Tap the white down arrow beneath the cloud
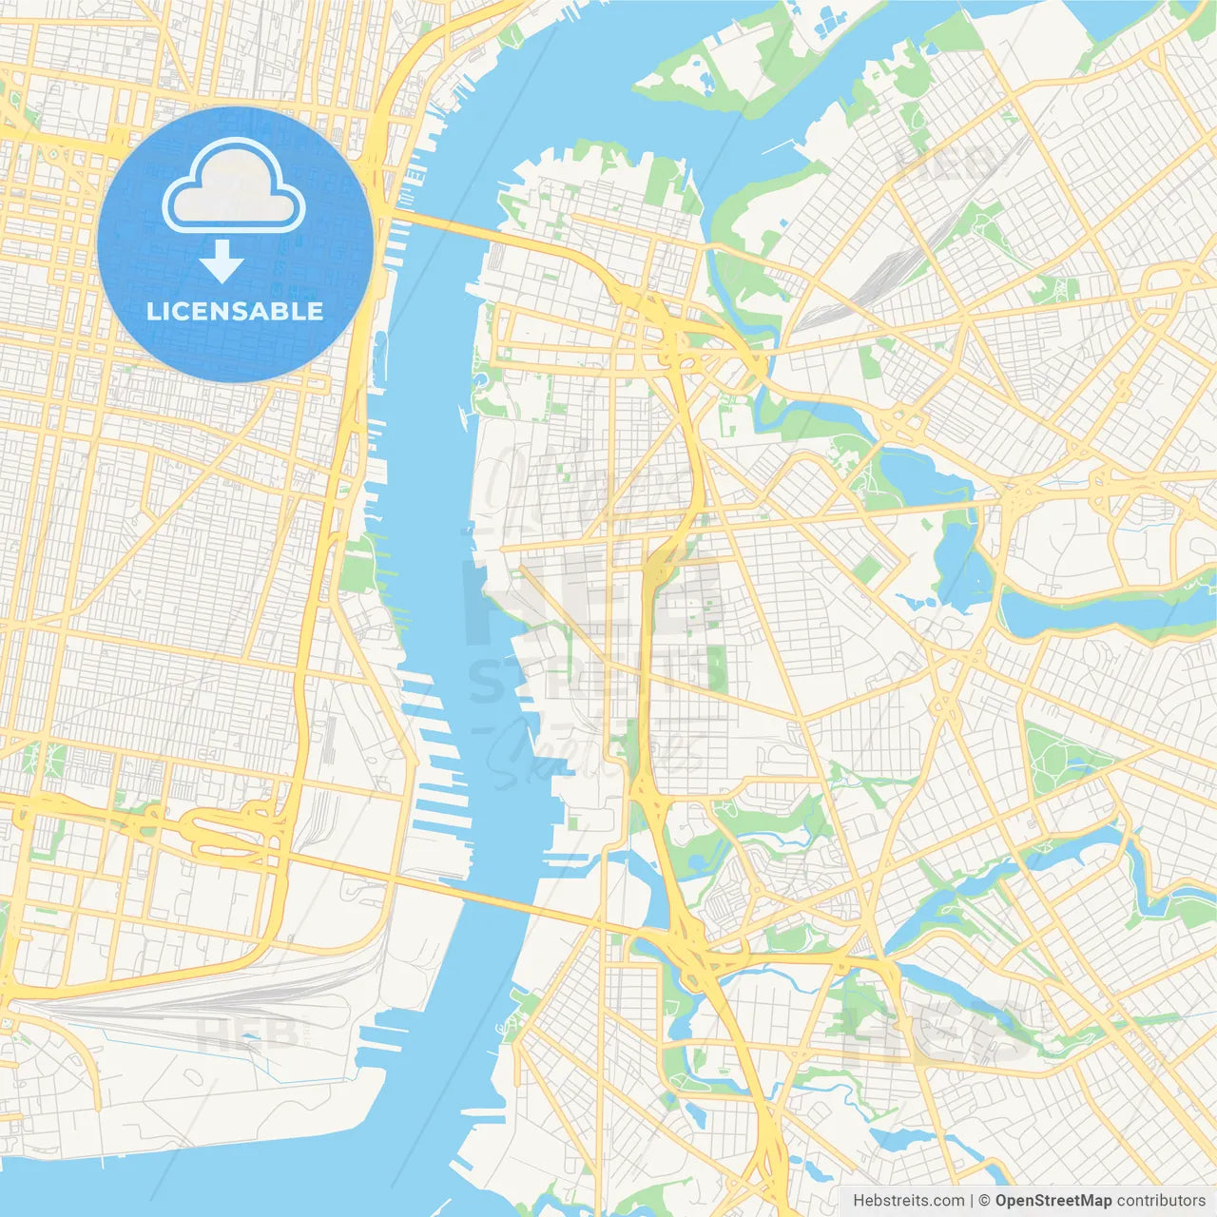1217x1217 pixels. pos(222,261)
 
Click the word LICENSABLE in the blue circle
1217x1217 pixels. pos(235,311)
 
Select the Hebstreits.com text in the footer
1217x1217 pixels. pos(908,1201)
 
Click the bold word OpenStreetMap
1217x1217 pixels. pos(1053,1201)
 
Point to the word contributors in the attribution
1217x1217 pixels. pos(1161,1201)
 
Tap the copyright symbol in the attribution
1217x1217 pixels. pos(985,1201)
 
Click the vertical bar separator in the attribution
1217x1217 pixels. pos(972,1201)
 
